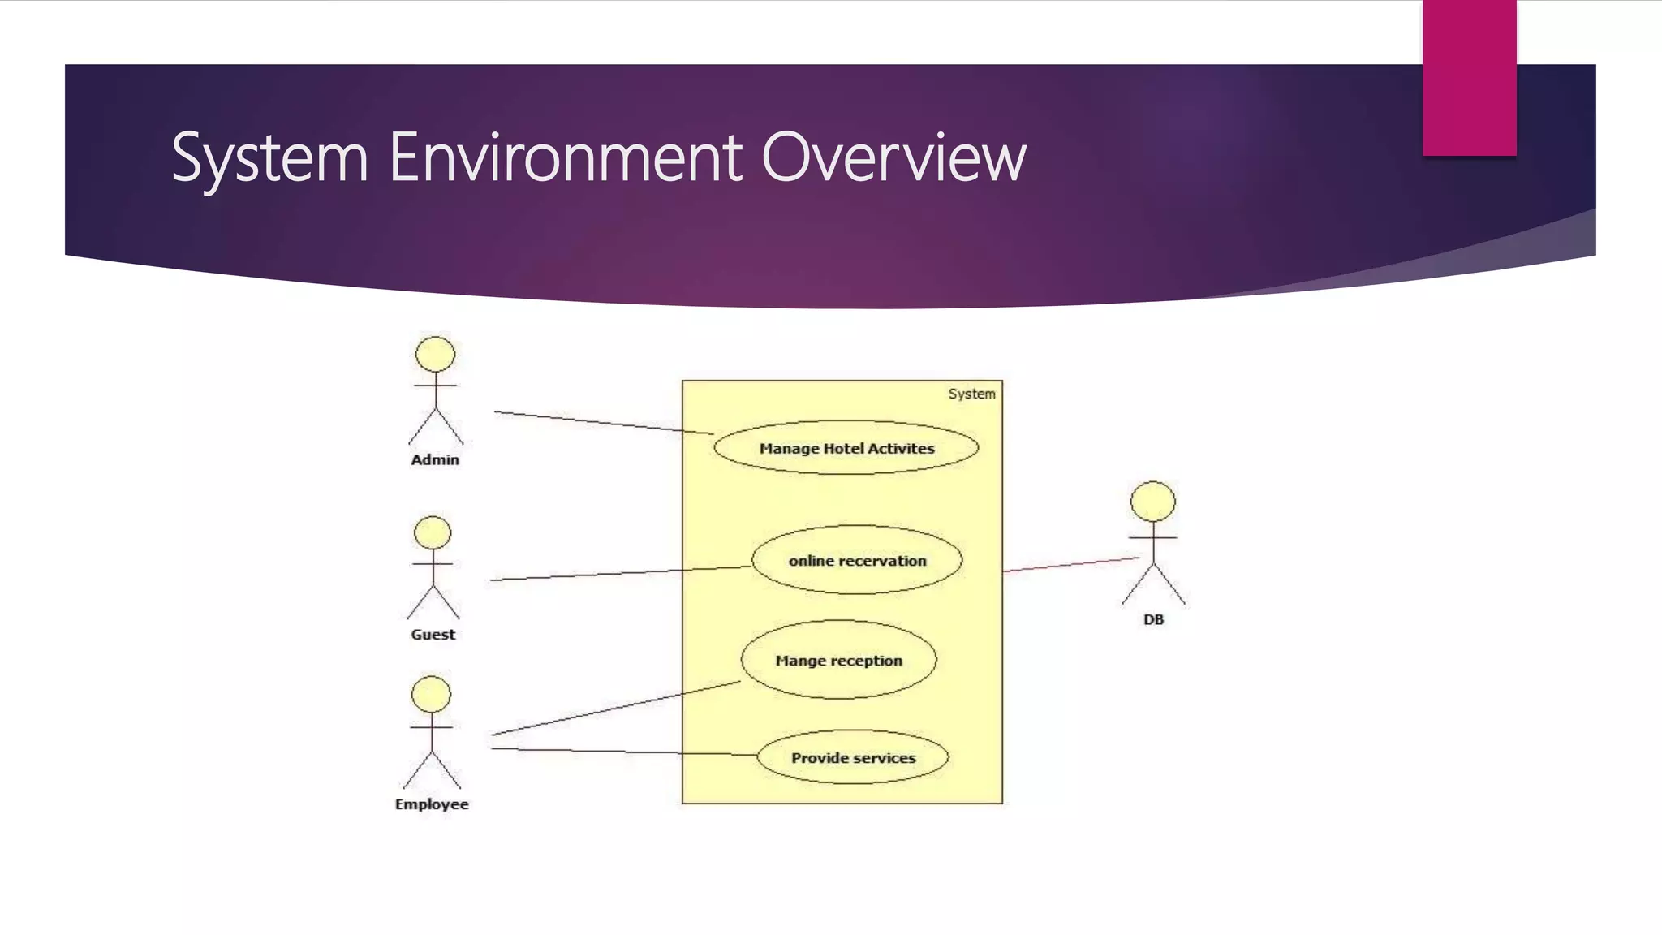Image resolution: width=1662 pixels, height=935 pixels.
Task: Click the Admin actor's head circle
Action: pyautogui.click(x=435, y=355)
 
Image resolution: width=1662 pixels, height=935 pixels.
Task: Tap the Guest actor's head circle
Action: pyautogui.click(x=433, y=533)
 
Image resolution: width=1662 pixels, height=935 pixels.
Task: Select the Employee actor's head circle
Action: pyautogui.click(x=431, y=695)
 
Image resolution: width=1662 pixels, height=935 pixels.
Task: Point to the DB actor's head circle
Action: pyautogui.click(x=1152, y=501)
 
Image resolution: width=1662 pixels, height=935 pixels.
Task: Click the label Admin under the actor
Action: pyautogui.click(x=435, y=459)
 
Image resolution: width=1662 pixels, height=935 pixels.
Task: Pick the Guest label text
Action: pyautogui.click(x=433, y=634)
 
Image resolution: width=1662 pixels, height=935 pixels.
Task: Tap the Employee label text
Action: pyautogui.click(x=432, y=804)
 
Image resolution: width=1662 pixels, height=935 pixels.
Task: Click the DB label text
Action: pyautogui.click(x=1153, y=619)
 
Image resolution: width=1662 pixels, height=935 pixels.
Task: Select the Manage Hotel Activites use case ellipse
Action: pyautogui.click(x=846, y=448)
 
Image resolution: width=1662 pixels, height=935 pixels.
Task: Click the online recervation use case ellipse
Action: pyautogui.click(x=857, y=560)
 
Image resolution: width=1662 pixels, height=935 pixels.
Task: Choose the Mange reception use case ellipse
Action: pyautogui.click(x=838, y=660)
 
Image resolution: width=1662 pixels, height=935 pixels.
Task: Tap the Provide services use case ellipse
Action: pyautogui.click(x=853, y=757)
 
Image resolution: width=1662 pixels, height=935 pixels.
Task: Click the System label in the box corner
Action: pyautogui.click(x=971, y=394)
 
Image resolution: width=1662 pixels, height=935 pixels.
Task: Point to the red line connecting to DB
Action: pyautogui.click(x=1071, y=565)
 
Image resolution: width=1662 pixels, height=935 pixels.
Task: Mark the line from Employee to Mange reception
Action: pyautogui.click(x=617, y=708)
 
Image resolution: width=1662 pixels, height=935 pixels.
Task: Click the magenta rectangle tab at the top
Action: pyautogui.click(x=1469, y=77)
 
